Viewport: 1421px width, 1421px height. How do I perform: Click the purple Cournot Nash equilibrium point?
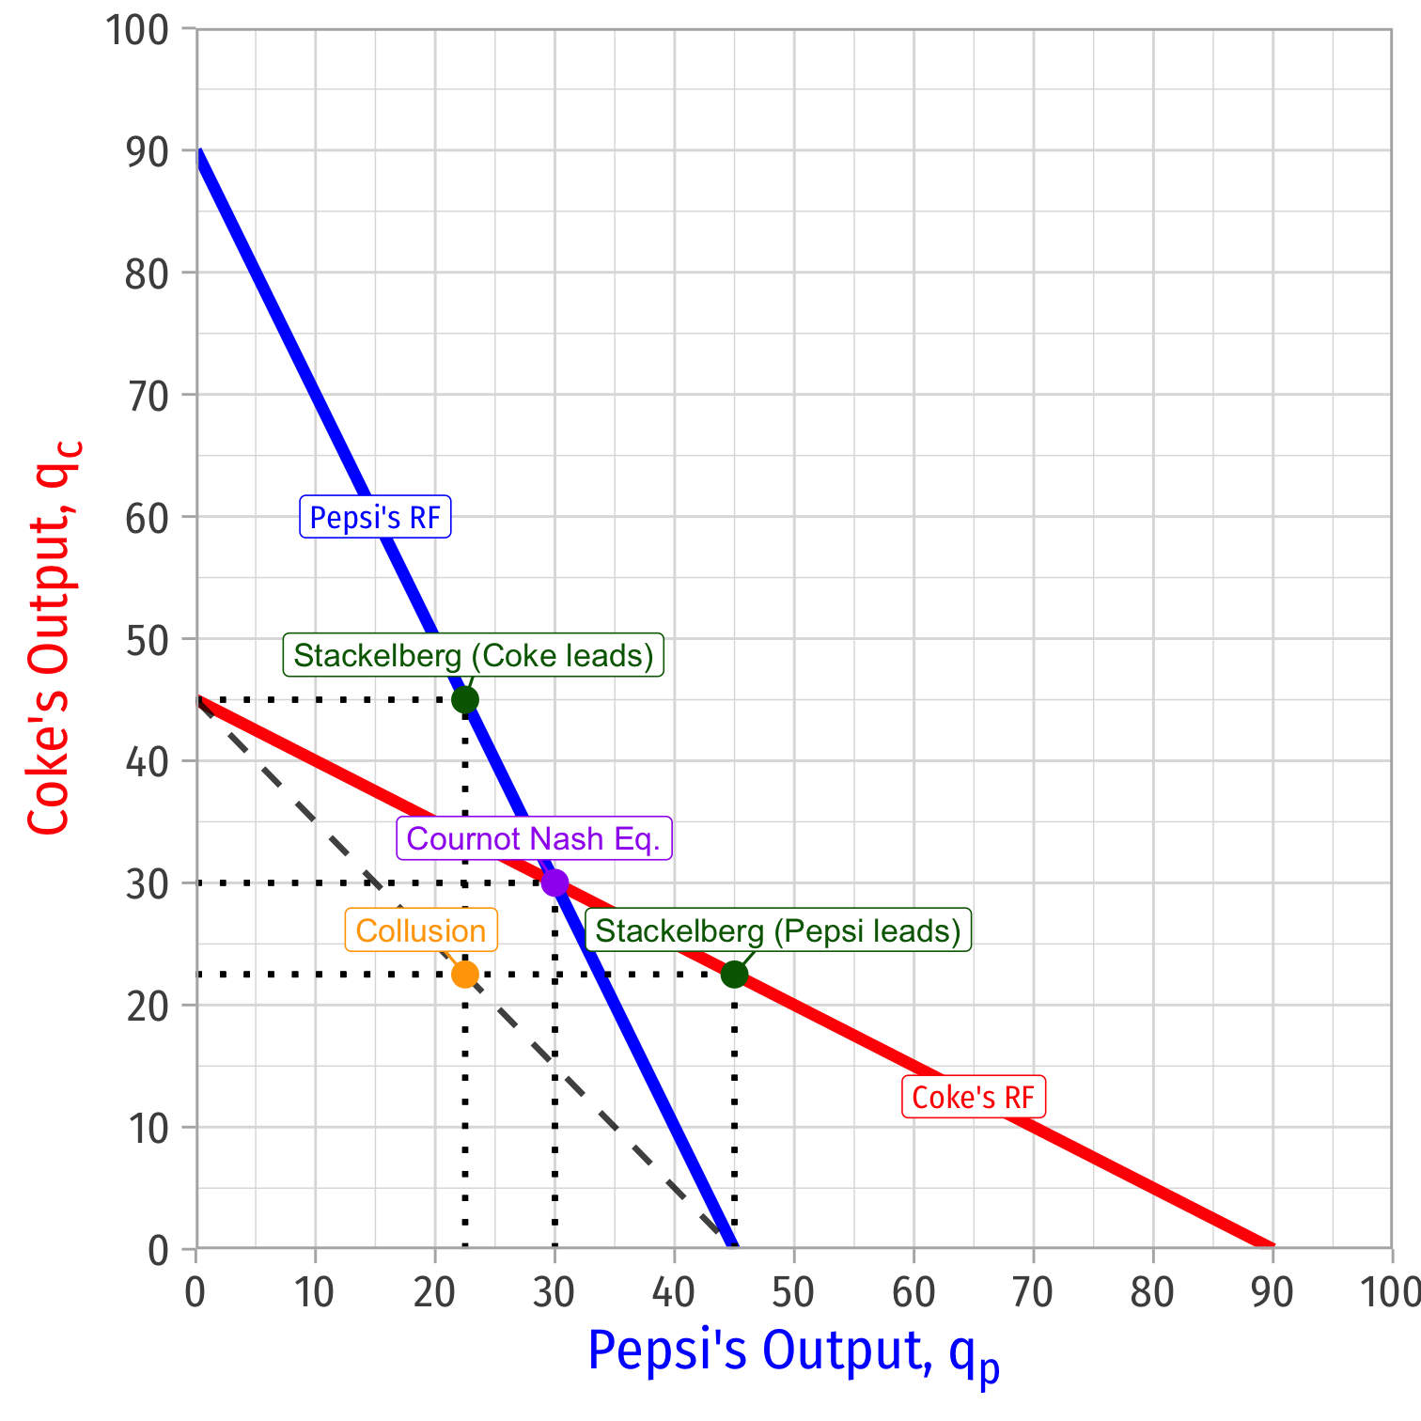point(554,883)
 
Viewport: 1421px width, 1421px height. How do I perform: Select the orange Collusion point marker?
point(465,975)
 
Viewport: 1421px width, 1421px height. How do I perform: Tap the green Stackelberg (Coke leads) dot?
point(465,700)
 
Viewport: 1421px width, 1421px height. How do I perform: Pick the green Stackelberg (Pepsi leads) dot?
point(734,975)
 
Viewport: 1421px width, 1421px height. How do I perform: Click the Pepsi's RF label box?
point(375,517)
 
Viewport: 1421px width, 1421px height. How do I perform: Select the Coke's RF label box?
point(973,1098)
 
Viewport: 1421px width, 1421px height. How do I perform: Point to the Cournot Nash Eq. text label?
point(534,838)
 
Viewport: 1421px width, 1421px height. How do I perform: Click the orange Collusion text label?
point(421,930)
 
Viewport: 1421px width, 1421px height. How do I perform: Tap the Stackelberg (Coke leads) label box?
point(474,655)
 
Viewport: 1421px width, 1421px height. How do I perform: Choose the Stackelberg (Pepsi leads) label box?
point(778,930)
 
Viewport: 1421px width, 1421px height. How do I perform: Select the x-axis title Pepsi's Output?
point(793,1353)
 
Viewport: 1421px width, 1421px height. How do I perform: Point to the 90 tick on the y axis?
point(147,150)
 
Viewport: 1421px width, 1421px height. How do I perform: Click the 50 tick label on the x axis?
point(793,1293)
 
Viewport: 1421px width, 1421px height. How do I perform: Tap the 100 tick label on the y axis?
point(135,29)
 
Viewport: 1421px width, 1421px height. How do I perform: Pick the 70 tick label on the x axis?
point(1033,1293)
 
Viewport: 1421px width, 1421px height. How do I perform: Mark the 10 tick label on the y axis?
point(147,1128)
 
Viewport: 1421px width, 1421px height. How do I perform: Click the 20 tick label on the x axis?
point(434,1293)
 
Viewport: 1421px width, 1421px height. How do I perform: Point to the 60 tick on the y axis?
point(147,517)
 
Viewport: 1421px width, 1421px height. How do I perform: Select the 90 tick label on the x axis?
point(1272,1293)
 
